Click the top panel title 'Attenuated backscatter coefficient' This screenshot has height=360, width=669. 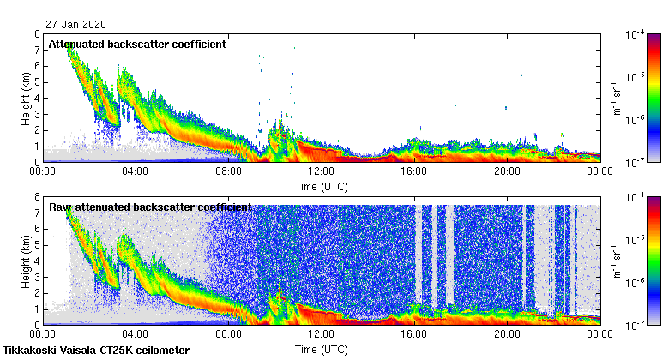[137, 44]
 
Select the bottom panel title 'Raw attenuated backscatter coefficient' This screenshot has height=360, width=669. [150, 207]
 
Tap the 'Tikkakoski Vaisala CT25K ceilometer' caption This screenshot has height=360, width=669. [96, 351]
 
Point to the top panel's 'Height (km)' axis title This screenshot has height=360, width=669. [26, 98]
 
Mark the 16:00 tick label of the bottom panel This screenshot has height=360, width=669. [414, 335]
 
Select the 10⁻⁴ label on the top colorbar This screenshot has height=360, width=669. [635, 34]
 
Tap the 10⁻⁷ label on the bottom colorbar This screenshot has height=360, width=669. [635, 325]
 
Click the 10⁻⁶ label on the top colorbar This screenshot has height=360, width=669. [635, 119]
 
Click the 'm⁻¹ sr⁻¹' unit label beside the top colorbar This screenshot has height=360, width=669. [614, 98]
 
